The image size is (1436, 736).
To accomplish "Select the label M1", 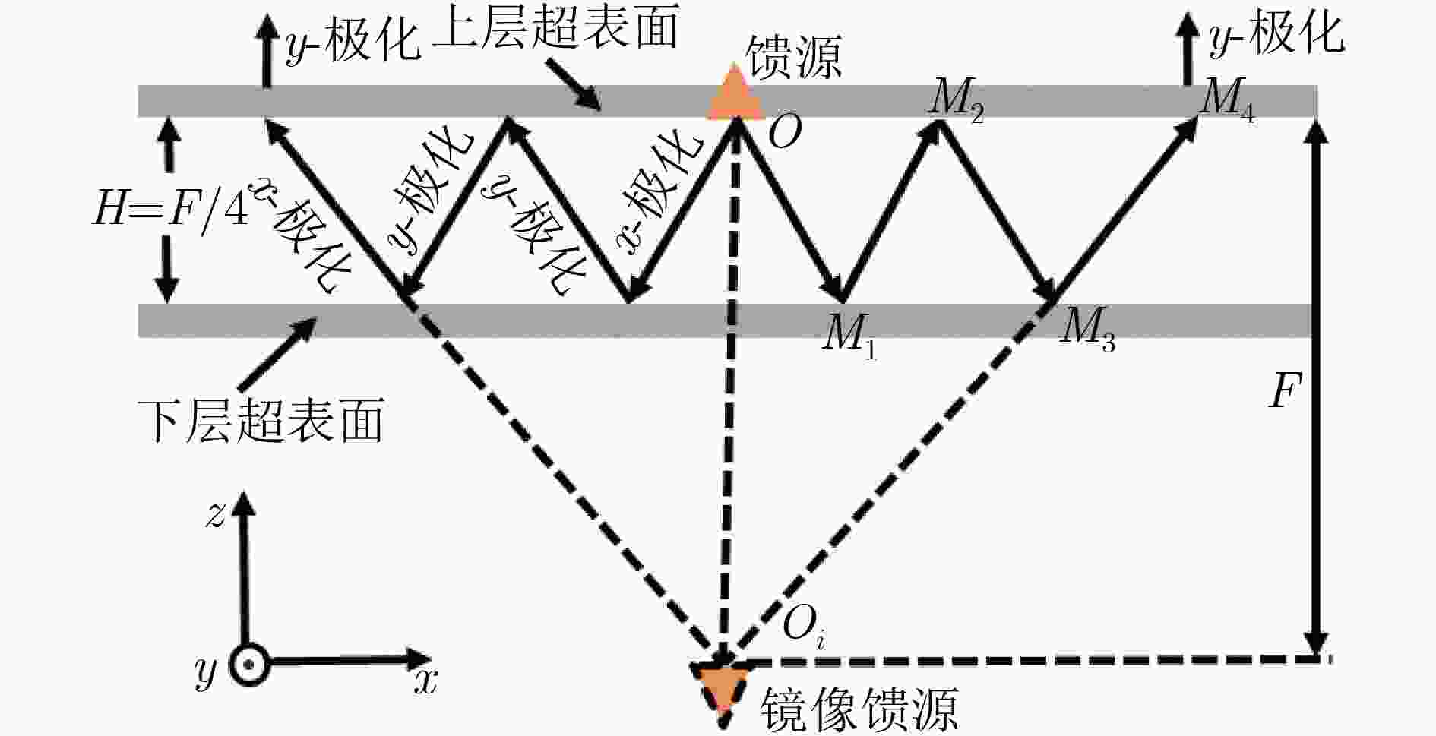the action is (x=850, y=334).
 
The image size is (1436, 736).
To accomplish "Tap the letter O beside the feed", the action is (x=785, y=134).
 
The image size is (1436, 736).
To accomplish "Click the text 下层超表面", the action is (x=261, y=419).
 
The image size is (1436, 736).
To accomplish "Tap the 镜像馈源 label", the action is (x=859, y=709).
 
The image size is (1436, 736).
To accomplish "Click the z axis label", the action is (x=216, y=515).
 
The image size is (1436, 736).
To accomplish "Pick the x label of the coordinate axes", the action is (x=426, y=682).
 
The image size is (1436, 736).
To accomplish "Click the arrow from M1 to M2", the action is (x=891, y=211).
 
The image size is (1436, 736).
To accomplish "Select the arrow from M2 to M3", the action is (x=998, y=211).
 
